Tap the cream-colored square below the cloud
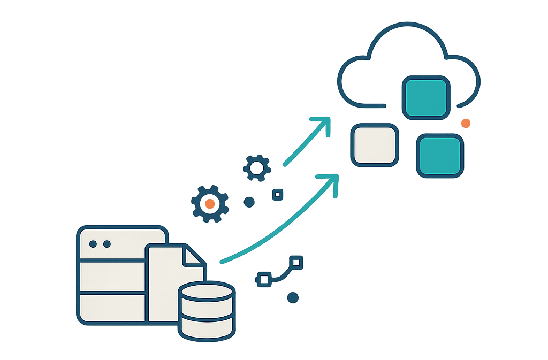tap(375, 143)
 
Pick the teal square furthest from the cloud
tap(440, 156)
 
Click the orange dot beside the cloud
tap(466, 123)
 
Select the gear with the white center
tap(257, 168)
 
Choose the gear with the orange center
tap(210, 204)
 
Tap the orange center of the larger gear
tap(210, 204)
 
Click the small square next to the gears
tap(277, 195)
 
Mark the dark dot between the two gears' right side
tap(249, 202)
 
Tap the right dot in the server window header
tap(107, 244)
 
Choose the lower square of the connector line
tap(263, 278)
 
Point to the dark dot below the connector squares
tap(292, 297)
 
